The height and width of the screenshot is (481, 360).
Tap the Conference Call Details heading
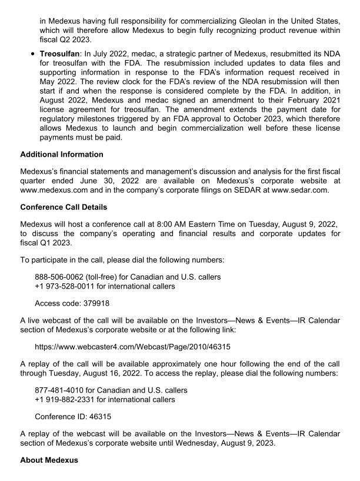63,208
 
